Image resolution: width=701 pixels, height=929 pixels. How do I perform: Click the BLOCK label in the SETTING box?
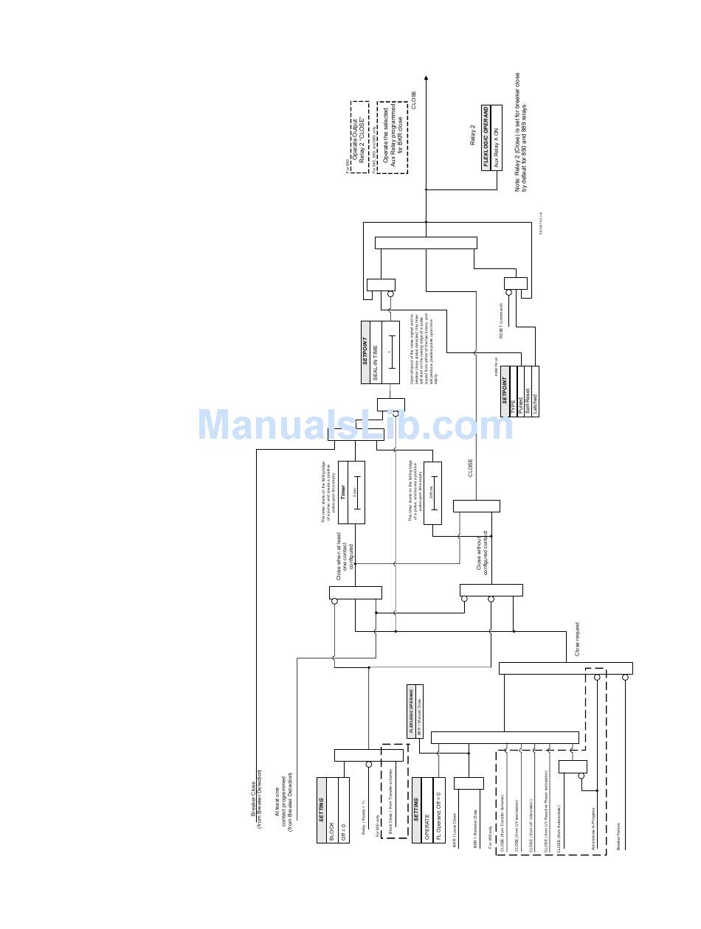click(331, 828)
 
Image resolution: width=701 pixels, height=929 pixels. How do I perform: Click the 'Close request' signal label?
click(578, 639)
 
